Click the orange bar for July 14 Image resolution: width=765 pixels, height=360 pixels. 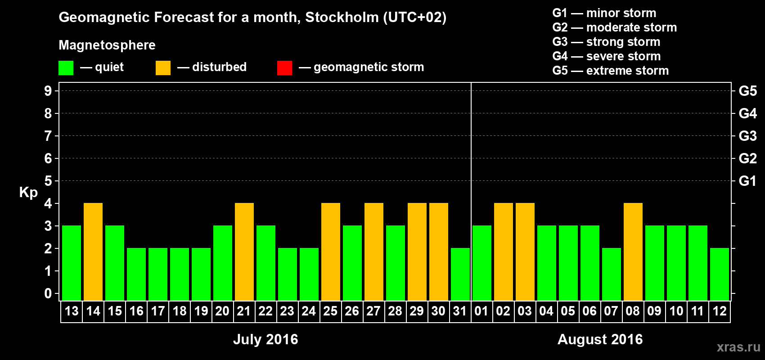(x=93, y=252)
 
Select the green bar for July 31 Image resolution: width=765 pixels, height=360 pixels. (x=460, y=274)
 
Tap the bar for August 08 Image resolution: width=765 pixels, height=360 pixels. (x=633, y=252)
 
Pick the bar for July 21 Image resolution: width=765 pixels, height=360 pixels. (x=244, y=252)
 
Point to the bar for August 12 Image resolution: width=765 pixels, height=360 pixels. (x=720, y=274)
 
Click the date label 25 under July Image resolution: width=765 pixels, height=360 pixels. (x=330, y=311)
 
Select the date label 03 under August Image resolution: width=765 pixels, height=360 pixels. (x=525, y=311)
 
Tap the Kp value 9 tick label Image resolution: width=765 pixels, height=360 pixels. (x=48, y=91)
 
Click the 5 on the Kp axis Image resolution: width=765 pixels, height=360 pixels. (x=48, y=181)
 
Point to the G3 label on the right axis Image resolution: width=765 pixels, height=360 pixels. (x=747, y=136)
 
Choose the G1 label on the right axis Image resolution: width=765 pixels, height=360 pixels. (x=747, y=181)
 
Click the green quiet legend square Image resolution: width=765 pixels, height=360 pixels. (x=66, y=68)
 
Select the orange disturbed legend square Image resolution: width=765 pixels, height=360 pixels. (x=163, y=68)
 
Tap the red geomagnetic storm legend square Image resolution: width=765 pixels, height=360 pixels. (x=284, y=68)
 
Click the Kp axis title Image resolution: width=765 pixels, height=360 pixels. (x=28, y=193)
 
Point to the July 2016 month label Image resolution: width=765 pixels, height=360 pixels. (x=265, y=339)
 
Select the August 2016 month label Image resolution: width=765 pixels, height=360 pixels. (x=600, y=339)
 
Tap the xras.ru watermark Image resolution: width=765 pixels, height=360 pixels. (x=738, y=347)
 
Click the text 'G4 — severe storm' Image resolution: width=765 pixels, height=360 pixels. (x=606, y=56)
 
